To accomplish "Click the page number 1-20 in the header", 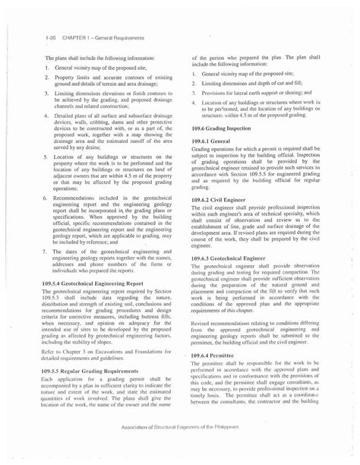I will [50, 37].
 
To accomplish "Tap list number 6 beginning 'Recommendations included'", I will [46, 195].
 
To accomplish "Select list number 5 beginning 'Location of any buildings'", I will [46, 154].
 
